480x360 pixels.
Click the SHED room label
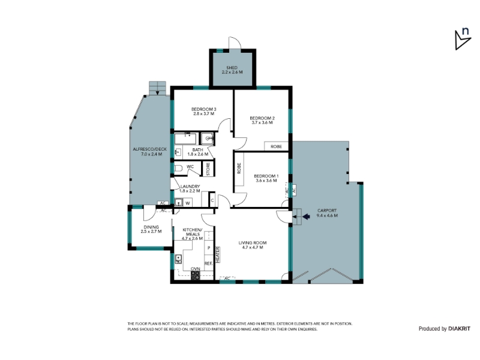coord(232,68)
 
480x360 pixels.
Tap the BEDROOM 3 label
coord(203,109)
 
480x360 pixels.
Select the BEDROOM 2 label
coord(262,118)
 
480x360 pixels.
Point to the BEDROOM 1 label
coord(266,176)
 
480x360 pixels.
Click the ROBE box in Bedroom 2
coord(276,146)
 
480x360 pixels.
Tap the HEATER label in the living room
coord(218,254)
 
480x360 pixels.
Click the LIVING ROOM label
coord(253,243)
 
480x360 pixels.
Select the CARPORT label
coord(327,211)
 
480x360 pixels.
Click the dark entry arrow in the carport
coord(306,217)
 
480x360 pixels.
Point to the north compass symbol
coord(463,40)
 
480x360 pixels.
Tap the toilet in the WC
coord(178,168)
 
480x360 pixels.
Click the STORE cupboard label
coord(208,169)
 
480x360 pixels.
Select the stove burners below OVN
coord(196,275)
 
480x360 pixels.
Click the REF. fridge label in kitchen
coord(208,263)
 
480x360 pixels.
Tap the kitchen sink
coord(178,260)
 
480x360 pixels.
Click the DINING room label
coord(151,227)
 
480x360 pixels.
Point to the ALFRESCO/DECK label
coord(149,149)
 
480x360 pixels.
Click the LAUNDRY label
coord(190,187)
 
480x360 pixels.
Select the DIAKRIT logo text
coord(459,329)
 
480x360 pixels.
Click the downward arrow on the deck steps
coord(158,92)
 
